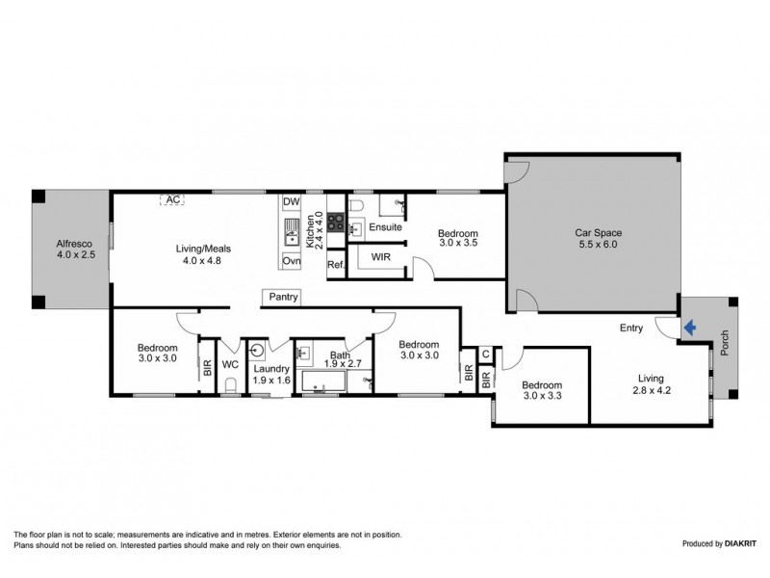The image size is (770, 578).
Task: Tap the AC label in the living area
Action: click(172, 199)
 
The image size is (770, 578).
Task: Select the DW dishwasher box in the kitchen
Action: click(291, 202)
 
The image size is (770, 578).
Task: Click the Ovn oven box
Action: click(291, 261)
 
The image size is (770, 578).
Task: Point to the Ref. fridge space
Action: click(335, 265)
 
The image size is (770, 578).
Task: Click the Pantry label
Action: click(283, 298)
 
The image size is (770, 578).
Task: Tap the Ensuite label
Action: click(384, 227)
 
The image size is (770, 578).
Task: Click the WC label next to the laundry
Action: click(230, 365)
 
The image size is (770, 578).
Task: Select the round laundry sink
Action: click(257, 350)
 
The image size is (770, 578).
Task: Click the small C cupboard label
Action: click(486, 355)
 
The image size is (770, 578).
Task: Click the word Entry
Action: click(630, 328)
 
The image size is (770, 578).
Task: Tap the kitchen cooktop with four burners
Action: click(336, 221)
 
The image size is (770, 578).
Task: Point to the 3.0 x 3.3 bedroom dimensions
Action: click(541, 396)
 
